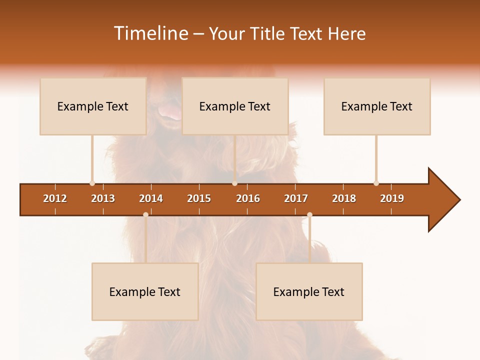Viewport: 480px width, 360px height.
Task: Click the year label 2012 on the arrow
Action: [55, 198]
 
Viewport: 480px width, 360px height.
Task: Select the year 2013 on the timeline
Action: [103, 198]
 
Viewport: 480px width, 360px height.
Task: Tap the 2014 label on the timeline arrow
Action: [151, 198]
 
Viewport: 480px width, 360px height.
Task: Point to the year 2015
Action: [199, 198]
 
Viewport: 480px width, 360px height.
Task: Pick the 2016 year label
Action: [248, 198]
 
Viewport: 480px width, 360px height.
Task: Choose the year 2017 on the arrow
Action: [296, 198]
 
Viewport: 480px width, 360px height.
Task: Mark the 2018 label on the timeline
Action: [344, 198]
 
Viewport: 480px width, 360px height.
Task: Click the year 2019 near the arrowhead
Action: [392, 198]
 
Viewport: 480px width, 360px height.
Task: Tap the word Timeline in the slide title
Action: [150, 33]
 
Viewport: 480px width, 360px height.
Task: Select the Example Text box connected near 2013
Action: [93, 106]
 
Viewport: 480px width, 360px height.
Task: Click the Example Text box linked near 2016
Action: [235, 106]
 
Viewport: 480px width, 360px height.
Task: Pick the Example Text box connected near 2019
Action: [377, 106]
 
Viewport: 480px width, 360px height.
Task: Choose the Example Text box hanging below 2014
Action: [145, 291]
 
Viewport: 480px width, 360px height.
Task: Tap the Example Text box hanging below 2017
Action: [309, 291]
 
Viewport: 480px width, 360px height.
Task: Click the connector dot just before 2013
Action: [92, 183]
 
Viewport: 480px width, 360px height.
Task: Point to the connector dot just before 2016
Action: [234, 183]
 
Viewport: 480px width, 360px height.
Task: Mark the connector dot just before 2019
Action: [376, 183]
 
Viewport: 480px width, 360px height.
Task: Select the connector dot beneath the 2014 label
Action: [145, 214]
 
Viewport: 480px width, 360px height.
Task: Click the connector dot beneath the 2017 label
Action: [309, 214]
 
